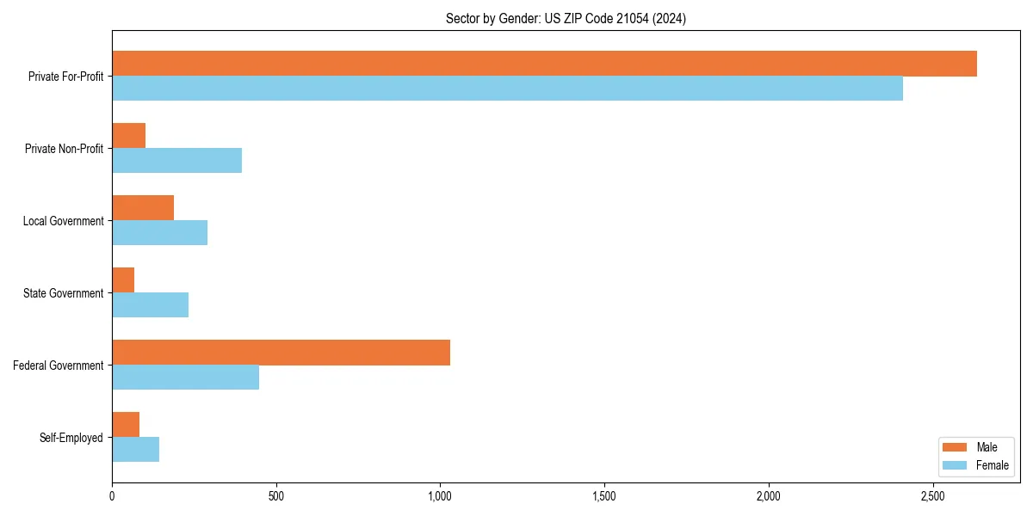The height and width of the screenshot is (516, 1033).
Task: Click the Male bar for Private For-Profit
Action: (x=544, y=64)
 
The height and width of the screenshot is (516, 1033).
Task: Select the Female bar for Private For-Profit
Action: (x=507, y=89)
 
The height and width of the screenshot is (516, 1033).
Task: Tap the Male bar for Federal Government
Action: (x=281, y=353)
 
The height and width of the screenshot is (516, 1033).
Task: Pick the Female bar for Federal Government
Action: (x=185, y=378)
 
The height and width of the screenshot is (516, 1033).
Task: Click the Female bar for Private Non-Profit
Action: (x=176, y=161)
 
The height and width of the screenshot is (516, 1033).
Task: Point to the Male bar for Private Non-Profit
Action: (x=128, y=136)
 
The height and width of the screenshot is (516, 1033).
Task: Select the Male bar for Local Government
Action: (x=143, y=208)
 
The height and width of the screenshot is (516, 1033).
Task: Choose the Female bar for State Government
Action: (x=150, y=305)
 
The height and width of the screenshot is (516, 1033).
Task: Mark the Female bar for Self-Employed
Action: (x=135, y=450)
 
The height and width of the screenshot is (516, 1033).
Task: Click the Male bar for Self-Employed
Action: (x=126, y=425)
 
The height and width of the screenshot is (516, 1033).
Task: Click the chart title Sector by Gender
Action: (x=566, y=18)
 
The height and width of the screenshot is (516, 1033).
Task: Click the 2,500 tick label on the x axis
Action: (x=932, y=496)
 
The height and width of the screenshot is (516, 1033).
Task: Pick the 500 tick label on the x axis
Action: (x=275, y=496)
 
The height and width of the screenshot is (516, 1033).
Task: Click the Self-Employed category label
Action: (x=71, y=438)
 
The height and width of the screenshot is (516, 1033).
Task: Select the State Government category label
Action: (x=63, y=293)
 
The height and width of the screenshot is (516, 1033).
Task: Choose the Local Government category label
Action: (x=63, y=221)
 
